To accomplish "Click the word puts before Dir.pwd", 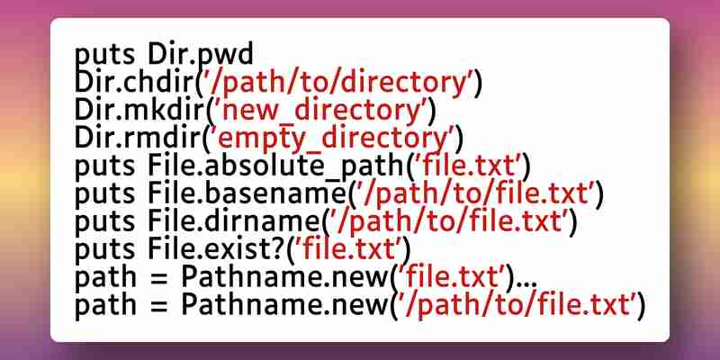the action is coord(104,56).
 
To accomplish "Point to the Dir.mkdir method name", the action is coord(139,110).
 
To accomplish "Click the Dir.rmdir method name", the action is coord(138,138).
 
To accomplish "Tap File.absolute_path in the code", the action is coord(275,166).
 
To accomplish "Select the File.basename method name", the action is coord(246,193).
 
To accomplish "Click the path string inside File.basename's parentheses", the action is coord(474,193).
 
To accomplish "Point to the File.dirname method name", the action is coord(233,220).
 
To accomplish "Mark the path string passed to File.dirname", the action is coord(448,221).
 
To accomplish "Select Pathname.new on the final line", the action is coord(284,303).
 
